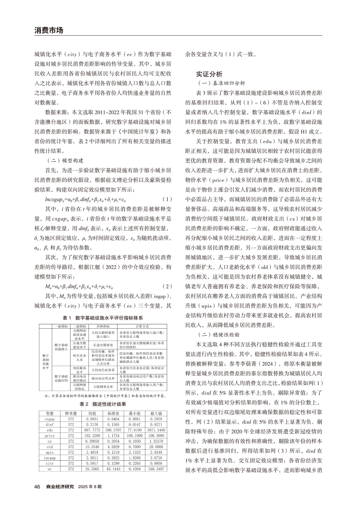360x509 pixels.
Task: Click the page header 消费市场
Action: pos(48,31)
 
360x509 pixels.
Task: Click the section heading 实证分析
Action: pos(209,74)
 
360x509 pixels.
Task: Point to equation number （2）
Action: pos(167,286)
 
